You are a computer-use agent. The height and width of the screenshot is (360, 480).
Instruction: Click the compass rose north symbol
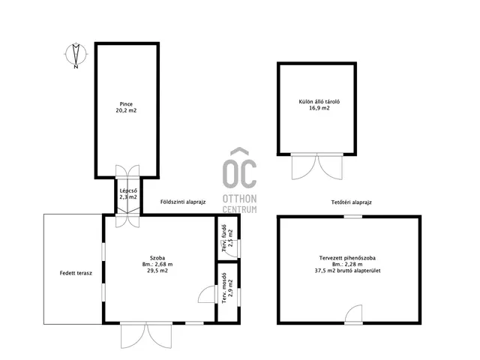(76, 55)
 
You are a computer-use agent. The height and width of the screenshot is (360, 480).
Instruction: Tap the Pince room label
(126, 104)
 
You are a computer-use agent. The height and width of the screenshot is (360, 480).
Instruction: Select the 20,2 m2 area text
(126, 110)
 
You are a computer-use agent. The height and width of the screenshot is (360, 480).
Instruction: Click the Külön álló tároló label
(319, 102)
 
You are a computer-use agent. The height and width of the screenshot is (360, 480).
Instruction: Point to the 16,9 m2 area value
(319, 108)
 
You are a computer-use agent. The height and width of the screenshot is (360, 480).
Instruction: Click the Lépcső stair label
(126, 190)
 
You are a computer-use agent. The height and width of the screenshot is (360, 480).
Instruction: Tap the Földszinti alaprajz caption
(183, 202)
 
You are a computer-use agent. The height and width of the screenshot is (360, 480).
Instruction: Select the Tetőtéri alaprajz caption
(352, 202)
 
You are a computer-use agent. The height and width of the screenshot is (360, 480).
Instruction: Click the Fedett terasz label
(76, 273)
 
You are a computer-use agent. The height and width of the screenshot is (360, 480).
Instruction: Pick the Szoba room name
(157, 258)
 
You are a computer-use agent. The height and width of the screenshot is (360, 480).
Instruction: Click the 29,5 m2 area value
(157, 271)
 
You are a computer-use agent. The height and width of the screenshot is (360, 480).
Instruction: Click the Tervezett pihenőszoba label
(347, 258)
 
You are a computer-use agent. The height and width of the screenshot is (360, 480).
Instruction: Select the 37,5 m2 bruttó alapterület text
(347, 271)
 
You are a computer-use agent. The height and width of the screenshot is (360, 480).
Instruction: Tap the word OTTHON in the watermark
(239, 199)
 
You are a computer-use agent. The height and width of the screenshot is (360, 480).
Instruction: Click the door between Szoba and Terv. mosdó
(207, 294)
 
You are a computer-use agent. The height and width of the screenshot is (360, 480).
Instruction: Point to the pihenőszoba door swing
(353, 313)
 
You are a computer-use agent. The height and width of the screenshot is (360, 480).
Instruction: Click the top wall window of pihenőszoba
(353, 217)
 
